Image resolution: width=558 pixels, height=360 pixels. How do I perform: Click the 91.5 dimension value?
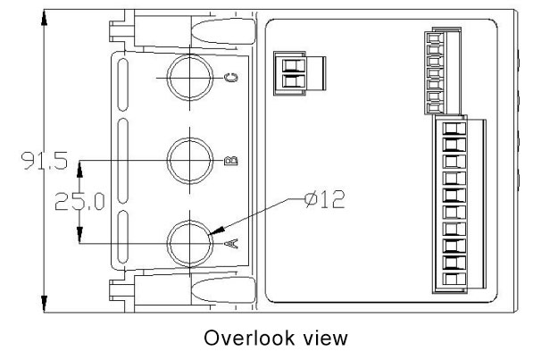point(39,161)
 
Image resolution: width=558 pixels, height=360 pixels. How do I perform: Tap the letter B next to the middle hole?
point(229,161)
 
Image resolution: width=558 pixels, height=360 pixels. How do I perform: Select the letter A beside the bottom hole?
point(229,243)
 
